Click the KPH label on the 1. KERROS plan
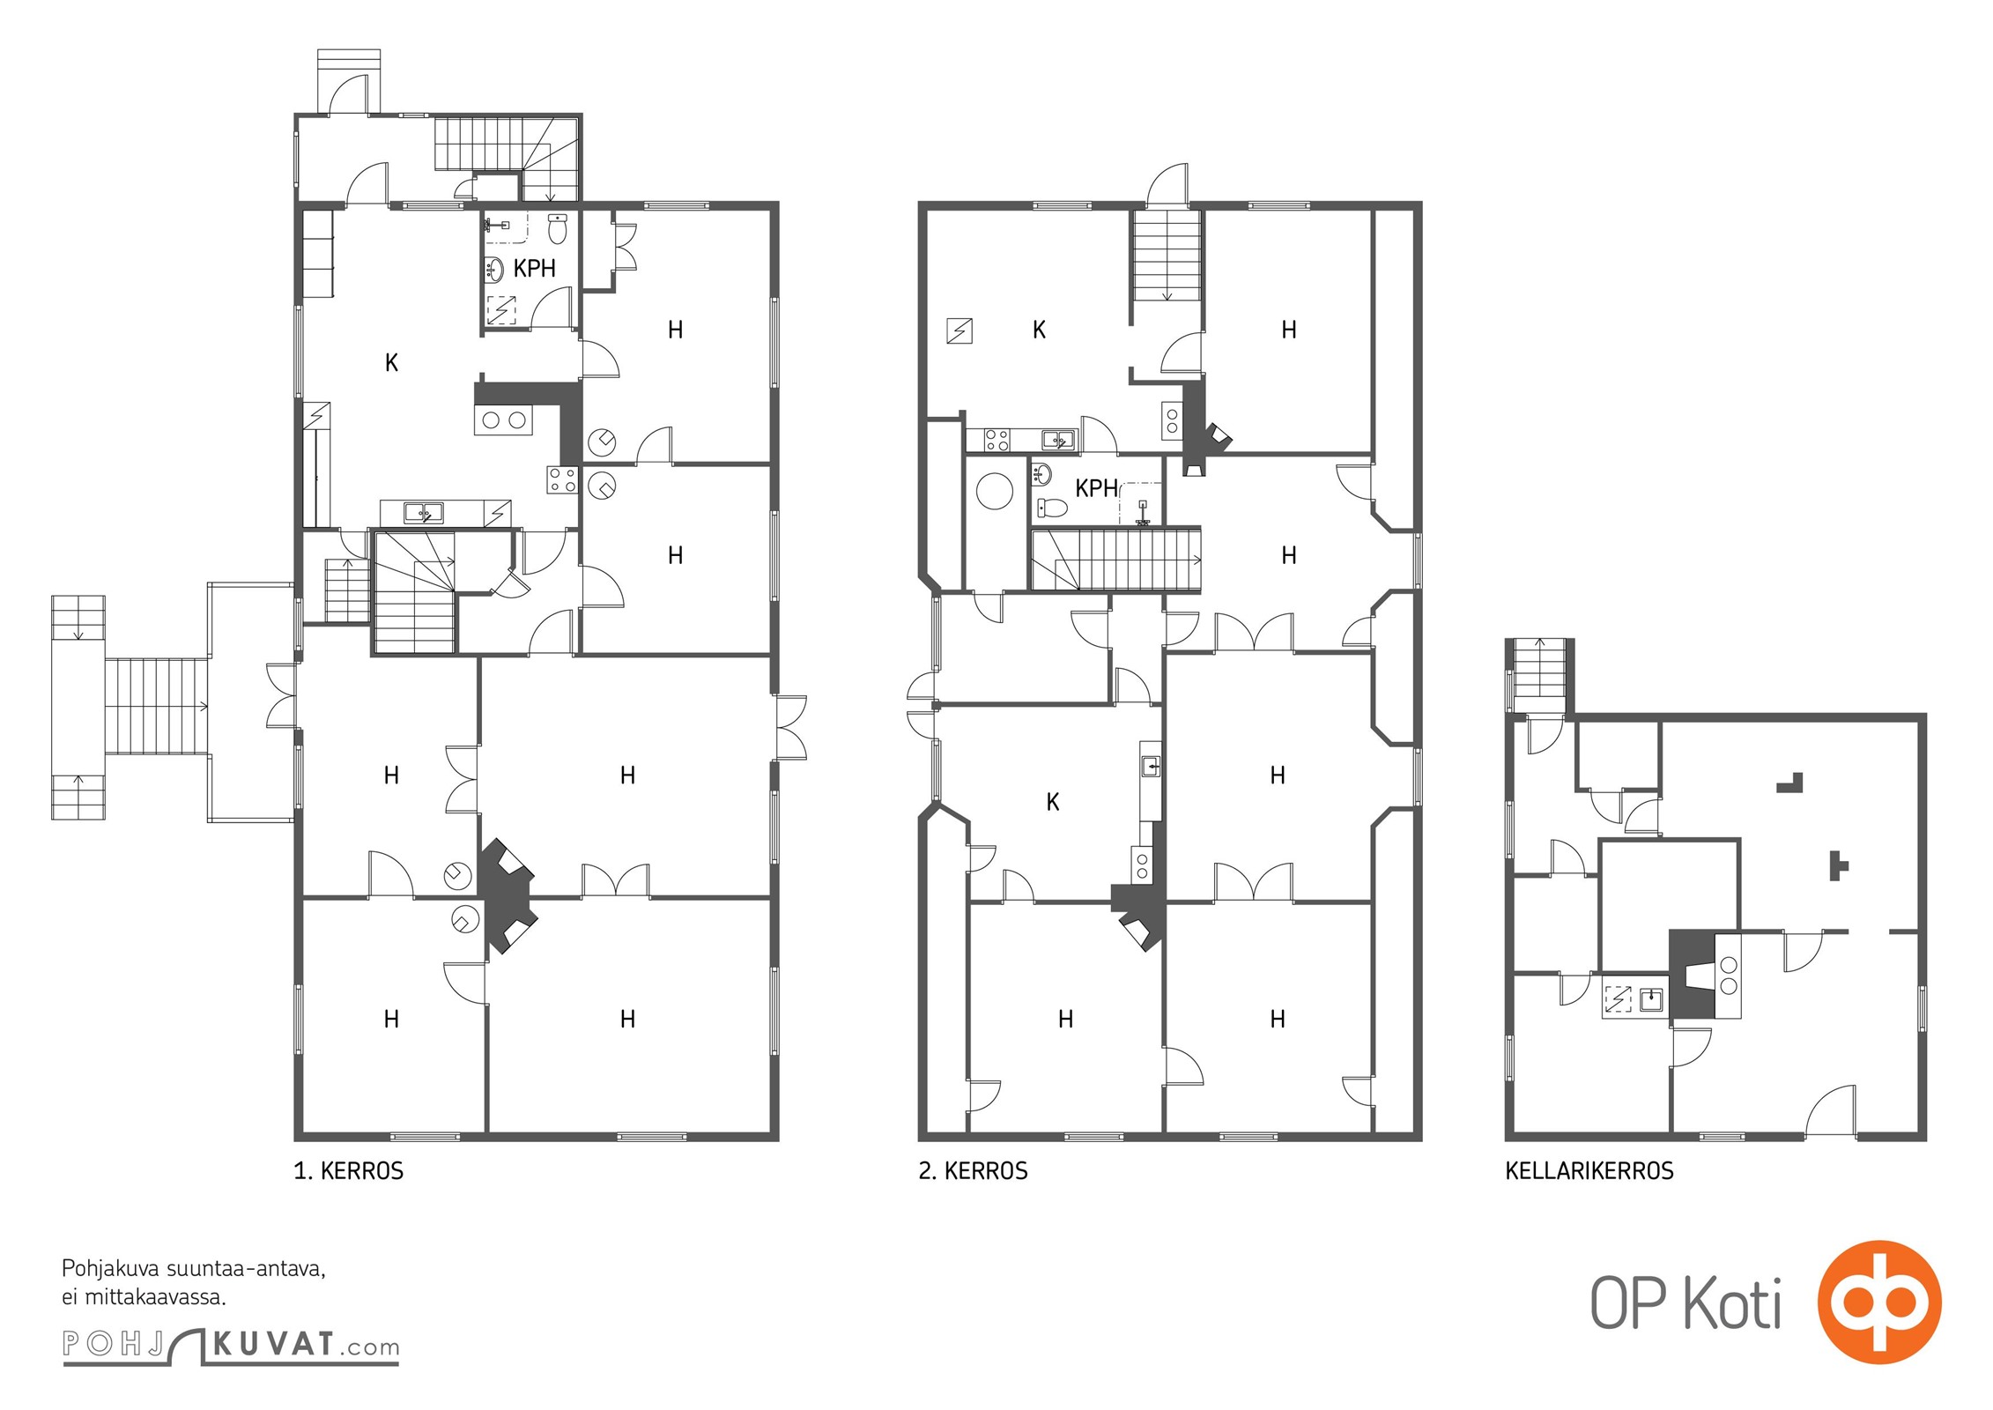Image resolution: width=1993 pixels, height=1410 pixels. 534,268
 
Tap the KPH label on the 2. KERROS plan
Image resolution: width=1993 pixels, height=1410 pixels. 1096,487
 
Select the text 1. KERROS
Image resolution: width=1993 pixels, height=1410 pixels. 349,1170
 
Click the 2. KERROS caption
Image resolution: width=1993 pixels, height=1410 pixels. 973,1170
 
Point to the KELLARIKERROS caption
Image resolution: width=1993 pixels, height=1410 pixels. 1589,1170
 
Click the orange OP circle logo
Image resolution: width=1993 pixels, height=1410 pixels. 1879,1302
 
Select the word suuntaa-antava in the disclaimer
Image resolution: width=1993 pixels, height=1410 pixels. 246,1269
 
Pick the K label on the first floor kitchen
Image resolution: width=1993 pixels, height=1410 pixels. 392,362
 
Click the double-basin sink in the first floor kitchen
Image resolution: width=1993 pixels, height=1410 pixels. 424,512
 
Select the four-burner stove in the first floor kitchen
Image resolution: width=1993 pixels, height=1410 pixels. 562,480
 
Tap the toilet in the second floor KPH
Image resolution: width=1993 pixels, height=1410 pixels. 1052,508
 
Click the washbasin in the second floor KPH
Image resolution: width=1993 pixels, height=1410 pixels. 1041,474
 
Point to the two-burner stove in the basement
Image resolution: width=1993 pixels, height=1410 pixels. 1728,976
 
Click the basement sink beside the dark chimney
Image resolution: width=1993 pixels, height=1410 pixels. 1650,999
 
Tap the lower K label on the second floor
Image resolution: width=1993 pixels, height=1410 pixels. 1053,801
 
